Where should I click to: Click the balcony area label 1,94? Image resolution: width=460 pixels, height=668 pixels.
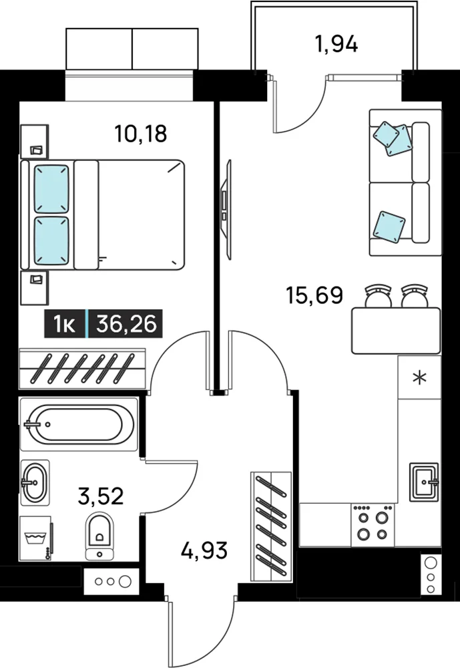coord(336,44)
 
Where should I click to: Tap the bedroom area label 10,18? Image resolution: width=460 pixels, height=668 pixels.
coord(141,134)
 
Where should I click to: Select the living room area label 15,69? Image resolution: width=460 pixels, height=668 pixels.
coord(314,295)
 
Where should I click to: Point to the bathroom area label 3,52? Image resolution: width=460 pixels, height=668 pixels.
coord(101,496)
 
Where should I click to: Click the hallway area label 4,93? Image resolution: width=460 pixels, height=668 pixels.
coord(204,550)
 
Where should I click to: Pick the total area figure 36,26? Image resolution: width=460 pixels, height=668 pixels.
coord(126,324)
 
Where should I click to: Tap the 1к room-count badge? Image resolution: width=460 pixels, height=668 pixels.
coord(65,324)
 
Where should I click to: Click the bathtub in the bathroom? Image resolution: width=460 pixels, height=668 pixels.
coord(79,424)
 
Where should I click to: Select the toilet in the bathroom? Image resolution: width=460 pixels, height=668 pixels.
coord(99,536)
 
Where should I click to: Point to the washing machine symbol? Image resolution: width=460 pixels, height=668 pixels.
coord(36,538)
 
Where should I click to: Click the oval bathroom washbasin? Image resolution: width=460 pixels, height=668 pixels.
coord(35,483)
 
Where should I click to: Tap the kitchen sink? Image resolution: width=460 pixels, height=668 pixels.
coord(424,482)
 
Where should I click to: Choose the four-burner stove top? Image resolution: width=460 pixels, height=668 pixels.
coord(373,524)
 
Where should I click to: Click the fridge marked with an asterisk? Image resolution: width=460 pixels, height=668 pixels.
coord(419,377)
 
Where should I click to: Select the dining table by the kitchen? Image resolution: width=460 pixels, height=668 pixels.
coord(396,331)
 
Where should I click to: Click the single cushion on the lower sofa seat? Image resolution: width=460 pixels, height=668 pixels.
coord(389,228)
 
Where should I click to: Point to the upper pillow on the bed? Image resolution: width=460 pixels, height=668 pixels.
coord(51,189)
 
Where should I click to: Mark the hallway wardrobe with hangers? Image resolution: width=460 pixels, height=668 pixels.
coord(271,526)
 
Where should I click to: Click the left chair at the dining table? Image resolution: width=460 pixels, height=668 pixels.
coord(378,296)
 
